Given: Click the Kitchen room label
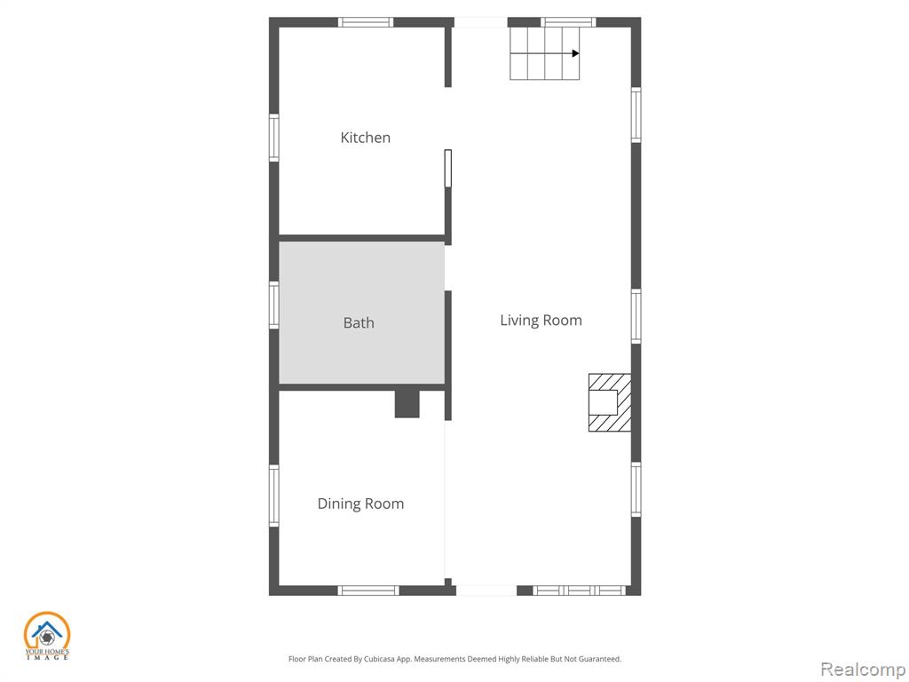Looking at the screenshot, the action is click(365, 138).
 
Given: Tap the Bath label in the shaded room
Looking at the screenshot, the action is click(359, 322).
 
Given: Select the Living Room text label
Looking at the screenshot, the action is click(541, 320).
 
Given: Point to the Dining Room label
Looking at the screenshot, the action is click(360, 504).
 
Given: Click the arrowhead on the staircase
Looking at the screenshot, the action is click(575, 53).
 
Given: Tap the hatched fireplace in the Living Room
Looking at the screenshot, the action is click(610, 402).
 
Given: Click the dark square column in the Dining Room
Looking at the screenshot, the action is click(407, 404).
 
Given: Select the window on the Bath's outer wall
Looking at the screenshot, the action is click(273, 305).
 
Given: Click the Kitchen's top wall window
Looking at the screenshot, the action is click(366, 22).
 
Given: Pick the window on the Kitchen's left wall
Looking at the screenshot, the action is click(273, 138).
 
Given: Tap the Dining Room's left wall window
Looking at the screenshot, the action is click(273, 496).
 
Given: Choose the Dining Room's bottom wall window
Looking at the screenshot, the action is click(368, 591).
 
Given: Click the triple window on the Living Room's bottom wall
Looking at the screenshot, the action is click(579, 591).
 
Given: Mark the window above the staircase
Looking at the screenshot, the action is click(569, 22).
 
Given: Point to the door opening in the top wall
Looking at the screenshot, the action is click(480, 22).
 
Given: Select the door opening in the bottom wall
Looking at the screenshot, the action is click(486, 591).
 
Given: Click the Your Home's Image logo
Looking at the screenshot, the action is click(47, 636).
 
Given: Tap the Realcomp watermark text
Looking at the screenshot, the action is click(863, 670).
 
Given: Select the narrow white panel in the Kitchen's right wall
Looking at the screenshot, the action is click(448, 168).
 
